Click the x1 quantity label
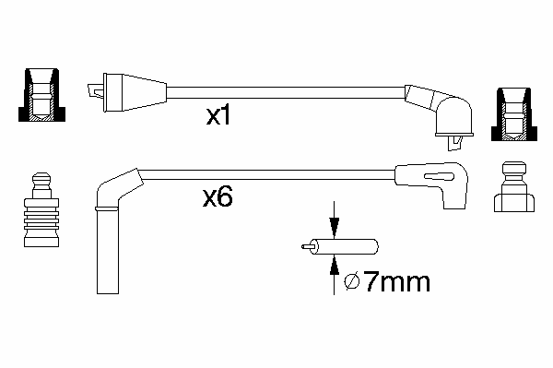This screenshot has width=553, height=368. tap(218, 115)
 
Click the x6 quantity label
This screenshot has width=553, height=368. tap(218, 196)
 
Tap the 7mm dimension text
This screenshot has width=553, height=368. tap(396, 281)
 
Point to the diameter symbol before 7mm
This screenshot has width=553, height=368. tap(352, 281)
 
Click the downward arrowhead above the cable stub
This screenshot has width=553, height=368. tap(334, 229)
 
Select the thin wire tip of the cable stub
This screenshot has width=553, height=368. tap(306, 246)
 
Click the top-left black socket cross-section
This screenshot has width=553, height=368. tap(41, 95)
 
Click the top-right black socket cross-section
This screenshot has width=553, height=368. tap(514, 114)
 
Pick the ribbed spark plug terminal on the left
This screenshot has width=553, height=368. tap(41, 209)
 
